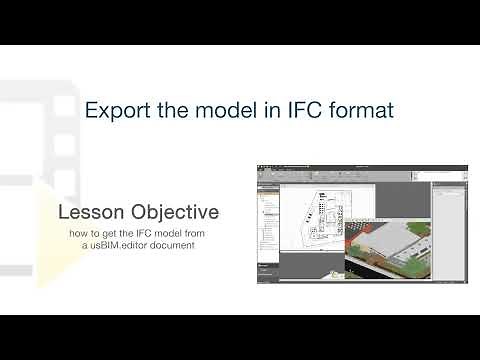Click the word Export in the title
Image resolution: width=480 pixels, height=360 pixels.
[113, 109]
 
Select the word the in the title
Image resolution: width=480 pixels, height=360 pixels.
[176, 109]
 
